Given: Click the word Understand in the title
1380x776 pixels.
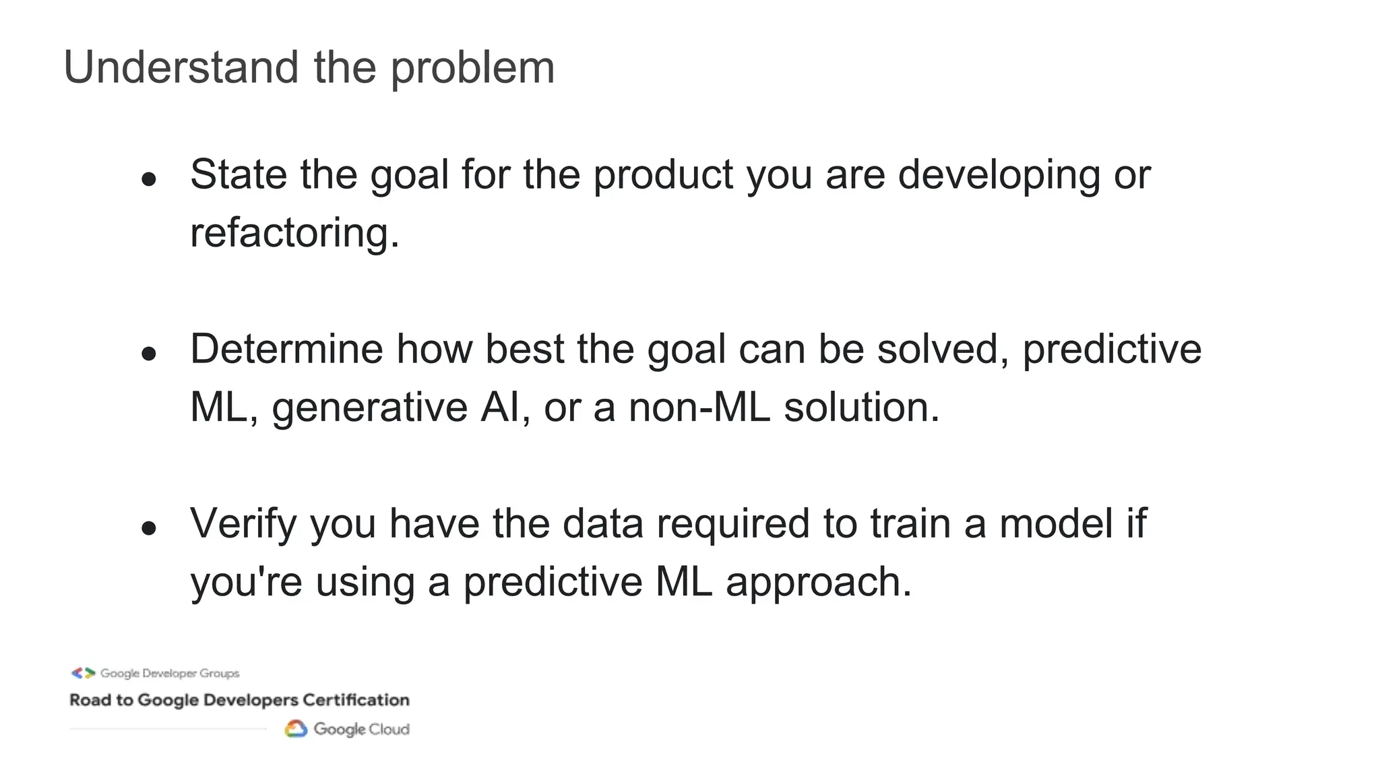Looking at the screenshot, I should pyautogui.click(x=181, y=67).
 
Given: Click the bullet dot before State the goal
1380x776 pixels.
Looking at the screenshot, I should pyautogui.click(x=149, y=179).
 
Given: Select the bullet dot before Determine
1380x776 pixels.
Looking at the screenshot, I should pyautogui.click(x=149, y=354).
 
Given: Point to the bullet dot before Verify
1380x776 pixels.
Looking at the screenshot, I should pyautogui.click(x=149, y=528).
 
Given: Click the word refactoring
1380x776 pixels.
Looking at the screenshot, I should pyautogui.click(x=294, y=233).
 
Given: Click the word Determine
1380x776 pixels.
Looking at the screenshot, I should pyautogui.click(x=286, y=349).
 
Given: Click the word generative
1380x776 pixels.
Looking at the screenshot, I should pyautogui.click(x=369, y=408).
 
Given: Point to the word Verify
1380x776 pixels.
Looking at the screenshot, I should pyautogui.click(x=243, y=524).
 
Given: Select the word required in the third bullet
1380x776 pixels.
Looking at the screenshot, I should pyautogui.click(x=732, y=524).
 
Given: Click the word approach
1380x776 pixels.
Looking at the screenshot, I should pyautogui.click(x=818, y=582).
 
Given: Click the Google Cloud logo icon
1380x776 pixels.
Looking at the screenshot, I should pyautogui.click(x=296, y=729).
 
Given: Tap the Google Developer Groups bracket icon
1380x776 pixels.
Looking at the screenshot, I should pyautogui.click(x=84, y=673).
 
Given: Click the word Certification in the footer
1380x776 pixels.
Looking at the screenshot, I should pyautogui.click(x=356, y=700).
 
